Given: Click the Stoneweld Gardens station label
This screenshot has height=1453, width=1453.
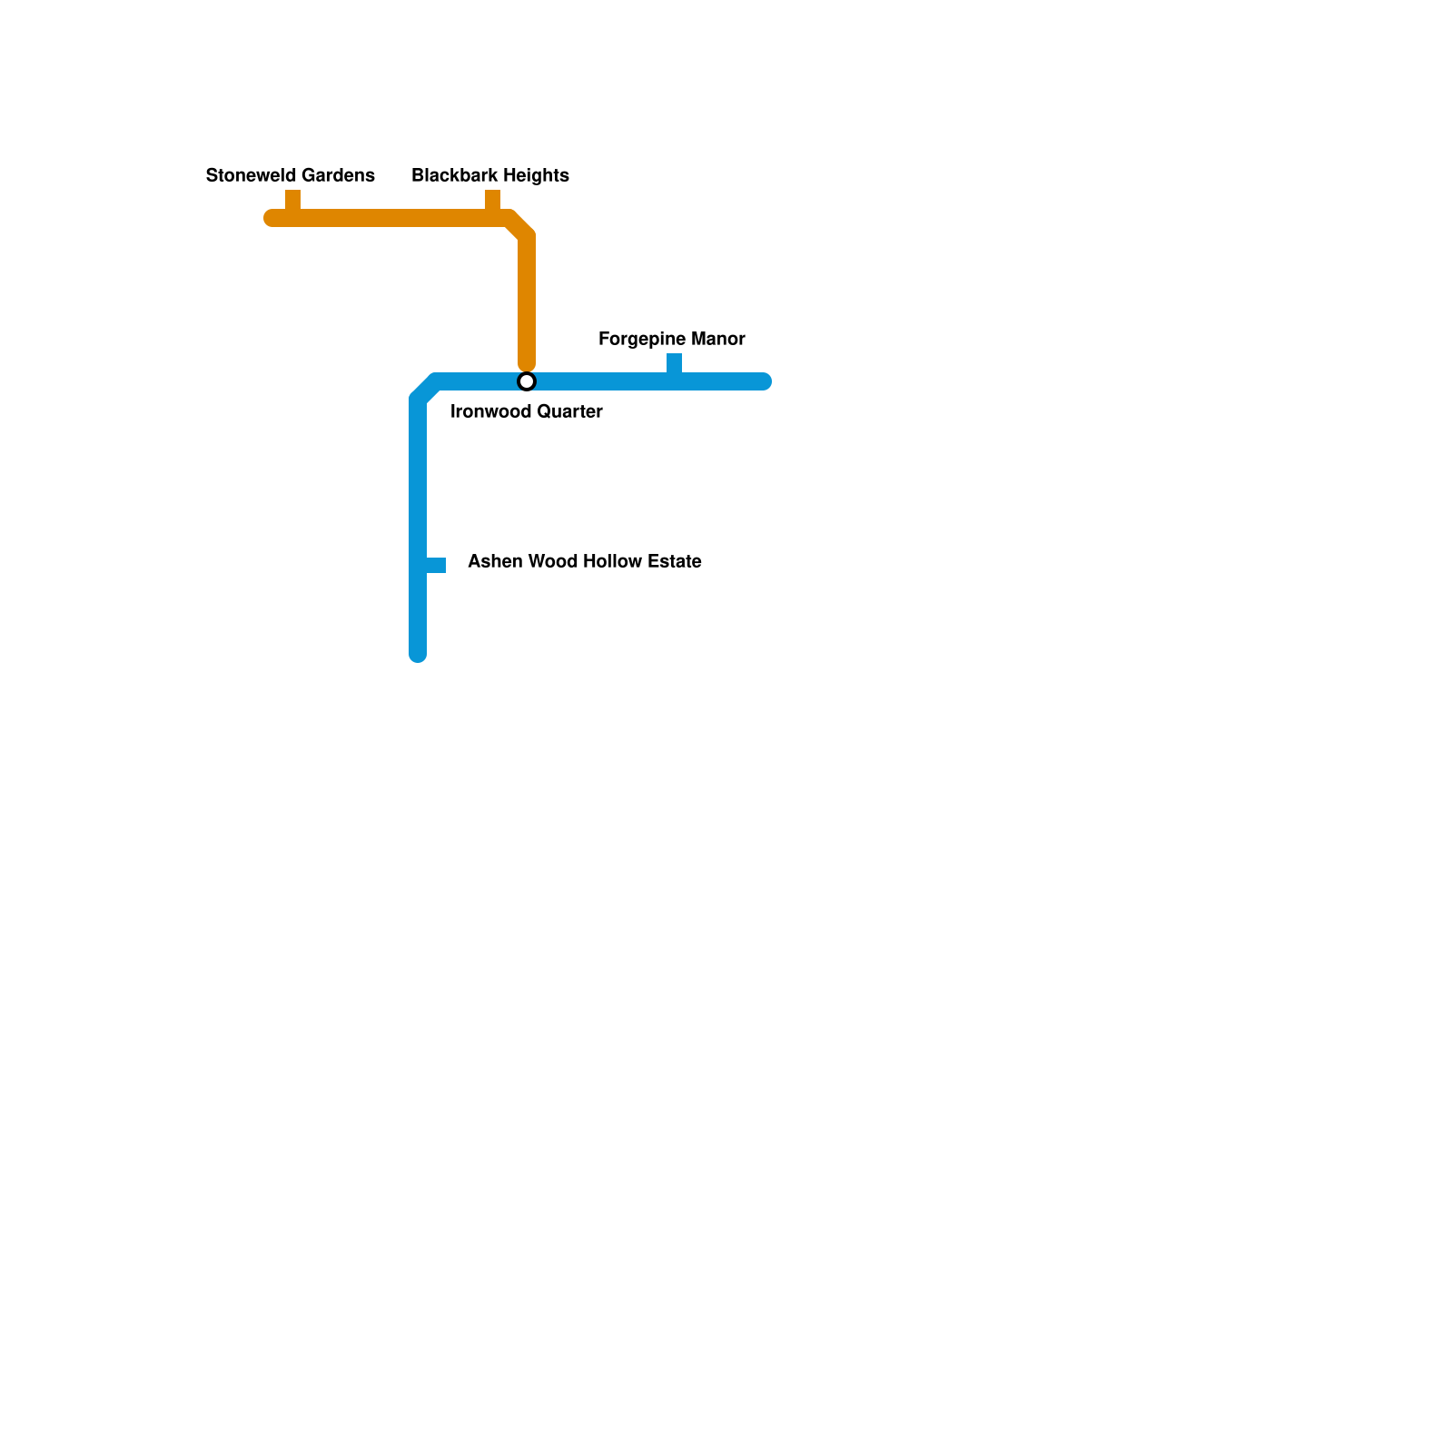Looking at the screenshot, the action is (x=290, y=175).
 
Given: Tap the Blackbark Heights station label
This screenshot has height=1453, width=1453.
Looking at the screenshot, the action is (x=490, y=175).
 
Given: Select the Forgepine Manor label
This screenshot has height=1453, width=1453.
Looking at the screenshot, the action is (x=671, y=339).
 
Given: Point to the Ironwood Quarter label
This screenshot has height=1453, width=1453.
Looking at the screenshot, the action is (x=526, y=411).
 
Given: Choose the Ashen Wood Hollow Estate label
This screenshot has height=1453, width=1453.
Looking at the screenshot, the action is (x=584, y=561).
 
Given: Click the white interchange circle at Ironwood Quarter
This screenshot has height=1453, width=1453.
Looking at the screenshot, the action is (x=527, y=381).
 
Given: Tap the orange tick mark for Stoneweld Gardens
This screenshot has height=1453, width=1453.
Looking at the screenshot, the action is (x=292, y=200).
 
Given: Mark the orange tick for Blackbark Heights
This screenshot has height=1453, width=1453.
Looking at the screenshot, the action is (x=492, y=200).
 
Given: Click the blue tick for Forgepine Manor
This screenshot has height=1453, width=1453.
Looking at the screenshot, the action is (x=674, y=363).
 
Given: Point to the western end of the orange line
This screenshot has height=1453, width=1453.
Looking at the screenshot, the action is (x=272, y=218).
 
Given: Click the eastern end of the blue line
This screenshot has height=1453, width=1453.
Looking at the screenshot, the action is (x=764, y=381).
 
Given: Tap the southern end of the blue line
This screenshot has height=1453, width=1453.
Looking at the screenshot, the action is (x=418, y=654).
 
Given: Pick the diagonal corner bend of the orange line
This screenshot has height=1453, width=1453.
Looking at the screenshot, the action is (x=519, y=226).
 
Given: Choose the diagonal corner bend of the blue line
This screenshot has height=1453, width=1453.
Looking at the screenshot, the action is (x=426, y=390).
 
